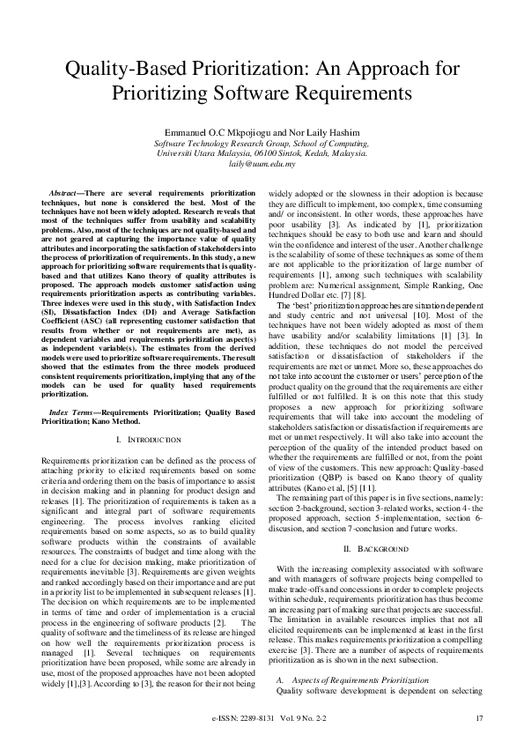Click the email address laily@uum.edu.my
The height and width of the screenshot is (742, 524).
[x=262, y=164]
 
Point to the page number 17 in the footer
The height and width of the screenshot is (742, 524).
[x=479, y=719]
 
